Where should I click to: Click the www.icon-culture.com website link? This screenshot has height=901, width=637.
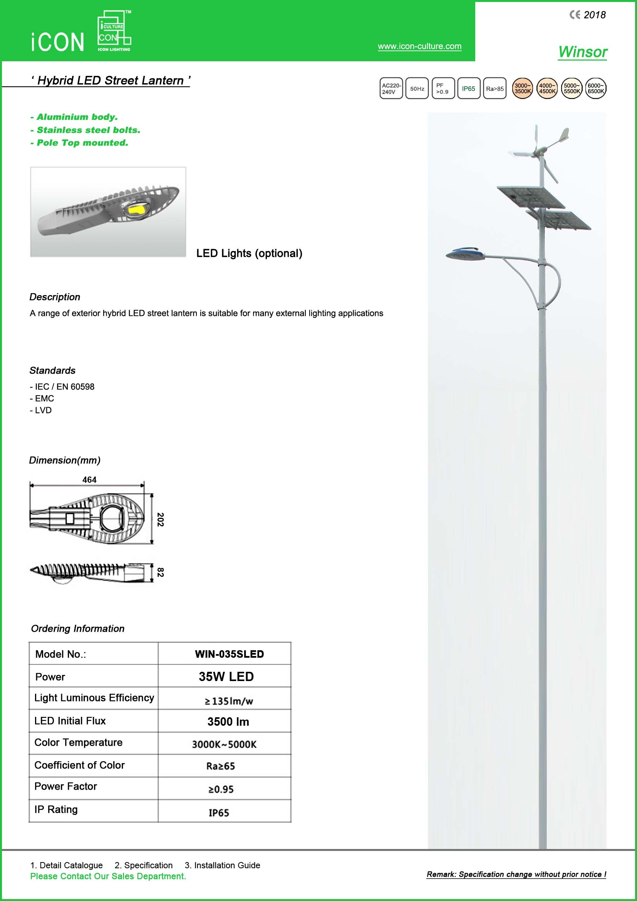[419, 46]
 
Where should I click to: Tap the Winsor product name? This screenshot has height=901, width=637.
[582, 52]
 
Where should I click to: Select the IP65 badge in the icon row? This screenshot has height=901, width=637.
[469, 89]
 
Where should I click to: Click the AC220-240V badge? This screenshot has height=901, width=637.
[391, 89]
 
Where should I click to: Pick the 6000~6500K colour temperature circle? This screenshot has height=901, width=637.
[595, 89]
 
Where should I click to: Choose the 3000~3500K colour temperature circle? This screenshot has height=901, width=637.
[523, 89]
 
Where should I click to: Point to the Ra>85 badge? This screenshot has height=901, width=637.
[495, 89]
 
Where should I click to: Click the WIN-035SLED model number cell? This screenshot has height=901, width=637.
[229, 654]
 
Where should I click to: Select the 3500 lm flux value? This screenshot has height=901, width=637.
[228, 721]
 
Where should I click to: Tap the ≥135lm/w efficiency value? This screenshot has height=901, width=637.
[229, 701]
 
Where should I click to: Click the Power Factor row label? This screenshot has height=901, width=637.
[65, 787]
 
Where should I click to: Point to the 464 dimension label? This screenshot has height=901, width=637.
[89, 480]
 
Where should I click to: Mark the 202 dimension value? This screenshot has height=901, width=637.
[161, 519]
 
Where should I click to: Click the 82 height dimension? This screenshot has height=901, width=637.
[160, 572]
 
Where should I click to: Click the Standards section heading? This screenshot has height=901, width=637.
[52, 371]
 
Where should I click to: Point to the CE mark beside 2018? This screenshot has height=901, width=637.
[575, 15]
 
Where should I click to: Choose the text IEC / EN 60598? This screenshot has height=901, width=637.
[65, 386]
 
